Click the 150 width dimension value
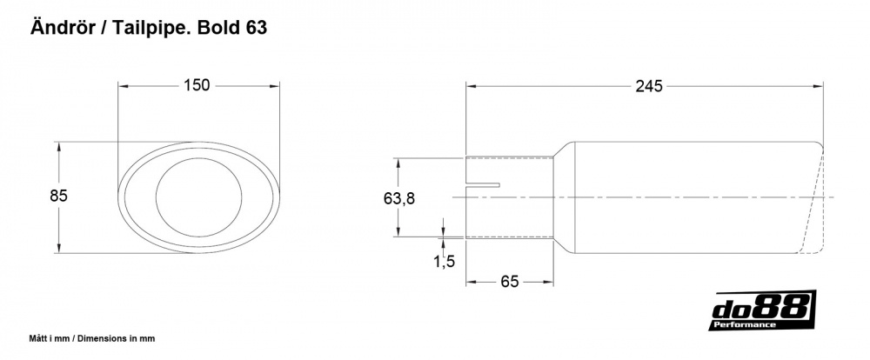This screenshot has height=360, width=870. (197, 85)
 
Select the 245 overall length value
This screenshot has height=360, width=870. (649, 86)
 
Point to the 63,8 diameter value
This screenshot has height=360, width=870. (399, 198)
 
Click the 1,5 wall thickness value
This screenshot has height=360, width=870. (444, 261)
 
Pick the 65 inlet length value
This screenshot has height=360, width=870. (509, 282)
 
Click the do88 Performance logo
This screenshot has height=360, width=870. (762, 310)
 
